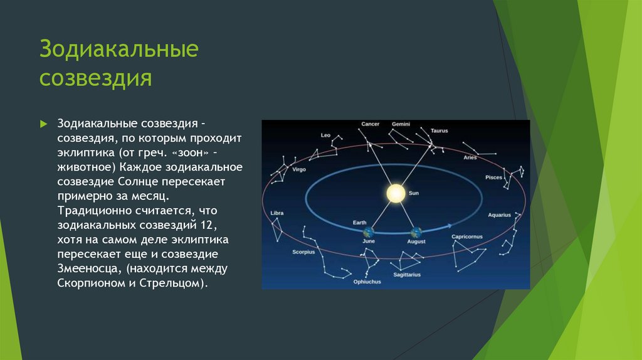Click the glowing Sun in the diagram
[x=396, y=193]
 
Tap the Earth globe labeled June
[x=368, y=232]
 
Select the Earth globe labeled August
[x=416, y=233]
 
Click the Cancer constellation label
[x=370, y=124]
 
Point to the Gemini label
[x=401, y=124]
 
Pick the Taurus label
[x=439, y=130]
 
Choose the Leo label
[x=325, y=135]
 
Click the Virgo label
[x=299, y=169]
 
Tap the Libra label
[x=277, y=213]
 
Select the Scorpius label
[x=304, y=252]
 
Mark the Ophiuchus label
[x=367, y=282]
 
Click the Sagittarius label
[x=407, y=275]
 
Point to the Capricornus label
[x=467, y=236]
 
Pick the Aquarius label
[x=500, y=215]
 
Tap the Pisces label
[x=494, y=177]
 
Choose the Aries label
[x=470, y=157]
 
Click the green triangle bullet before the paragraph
[x=43, y=124]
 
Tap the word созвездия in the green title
[x=96, y=78]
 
